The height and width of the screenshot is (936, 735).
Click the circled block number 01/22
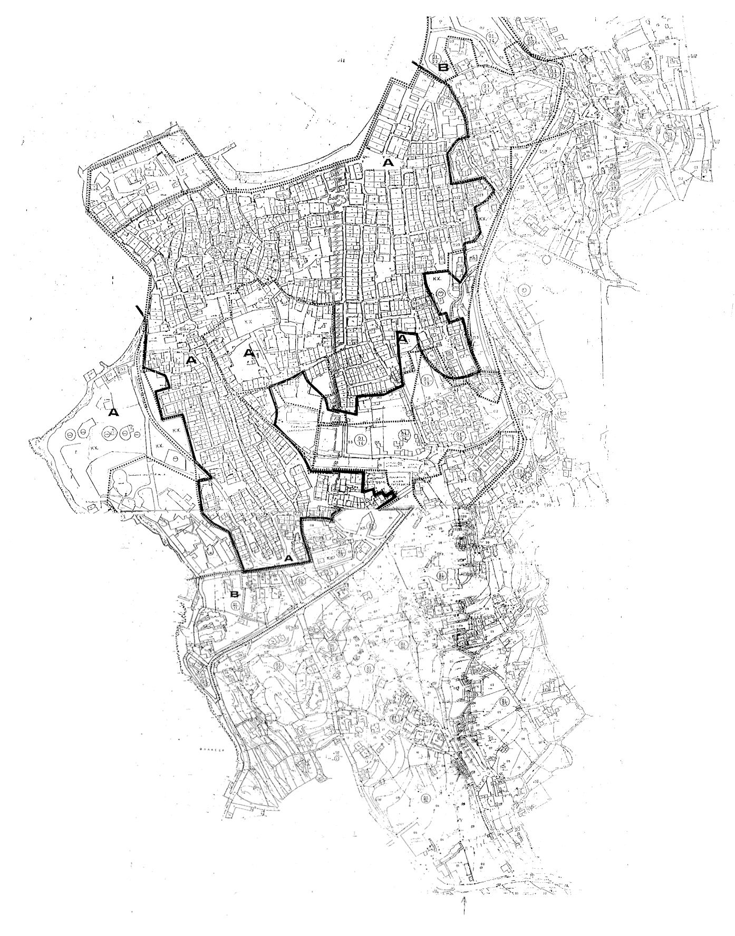pos(436,58)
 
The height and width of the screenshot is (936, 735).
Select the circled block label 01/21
pos(487,86)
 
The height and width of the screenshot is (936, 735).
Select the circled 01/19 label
pos(426,380)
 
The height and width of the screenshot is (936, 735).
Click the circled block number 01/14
pos(361,439)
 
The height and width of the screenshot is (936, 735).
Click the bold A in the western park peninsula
pos(112,413)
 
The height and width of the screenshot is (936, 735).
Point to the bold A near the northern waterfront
pos(389,163)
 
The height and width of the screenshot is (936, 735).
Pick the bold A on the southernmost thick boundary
pos(288,557)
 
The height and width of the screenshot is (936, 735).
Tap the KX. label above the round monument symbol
pos(436,277)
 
